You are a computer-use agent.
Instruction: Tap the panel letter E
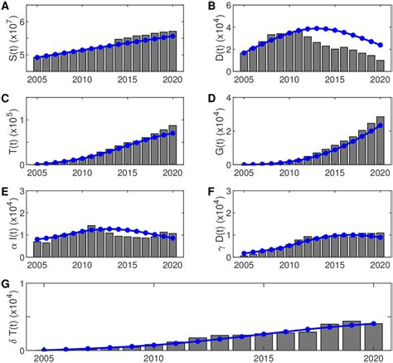pos(6,191)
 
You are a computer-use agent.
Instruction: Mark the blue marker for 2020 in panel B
pos(380,46)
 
